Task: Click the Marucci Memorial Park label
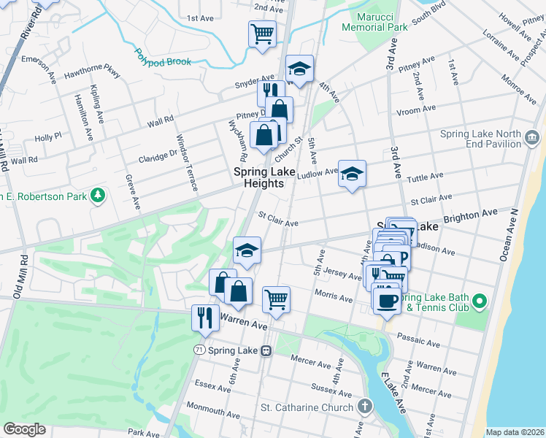pos(372,21)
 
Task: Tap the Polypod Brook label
pos(162,58)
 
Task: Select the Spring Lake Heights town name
pos(258,177)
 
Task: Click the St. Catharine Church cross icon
pos(365,405)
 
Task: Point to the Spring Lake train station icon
pos(266,350)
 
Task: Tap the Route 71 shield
pos(199,350)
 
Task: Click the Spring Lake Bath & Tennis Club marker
pos(479,301)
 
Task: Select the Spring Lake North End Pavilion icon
pos(532,137)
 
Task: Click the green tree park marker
pos(96,196)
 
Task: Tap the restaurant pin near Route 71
pos(204,318)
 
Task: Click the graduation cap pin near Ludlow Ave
pos(352,174)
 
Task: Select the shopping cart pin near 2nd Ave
pos(262,33)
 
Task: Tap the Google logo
pos(24,429)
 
